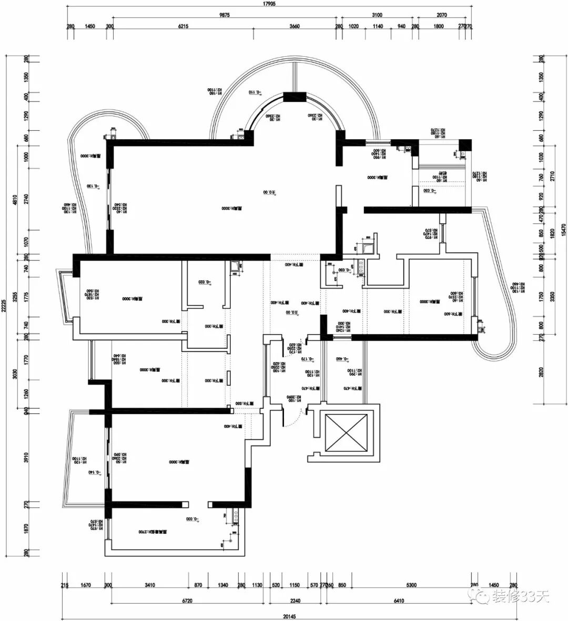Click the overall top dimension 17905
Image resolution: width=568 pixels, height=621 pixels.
(x=269, y=3)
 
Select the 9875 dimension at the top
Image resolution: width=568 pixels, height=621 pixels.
(x=225, y=15)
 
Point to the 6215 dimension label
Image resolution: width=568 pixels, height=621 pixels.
(x=184, y=27)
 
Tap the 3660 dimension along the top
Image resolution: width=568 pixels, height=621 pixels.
(x=295, y=27)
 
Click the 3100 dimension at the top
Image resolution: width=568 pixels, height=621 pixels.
(x=377, y=15)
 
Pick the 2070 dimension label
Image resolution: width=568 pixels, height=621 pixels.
(x=442, y=15)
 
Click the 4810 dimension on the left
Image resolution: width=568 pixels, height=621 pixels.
(x=16, y=200)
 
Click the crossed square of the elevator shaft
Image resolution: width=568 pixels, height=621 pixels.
(x=346, y=432)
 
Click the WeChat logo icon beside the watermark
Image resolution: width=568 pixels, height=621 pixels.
(x=480, y=594)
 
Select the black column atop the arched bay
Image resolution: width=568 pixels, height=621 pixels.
(x=295, y=97)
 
